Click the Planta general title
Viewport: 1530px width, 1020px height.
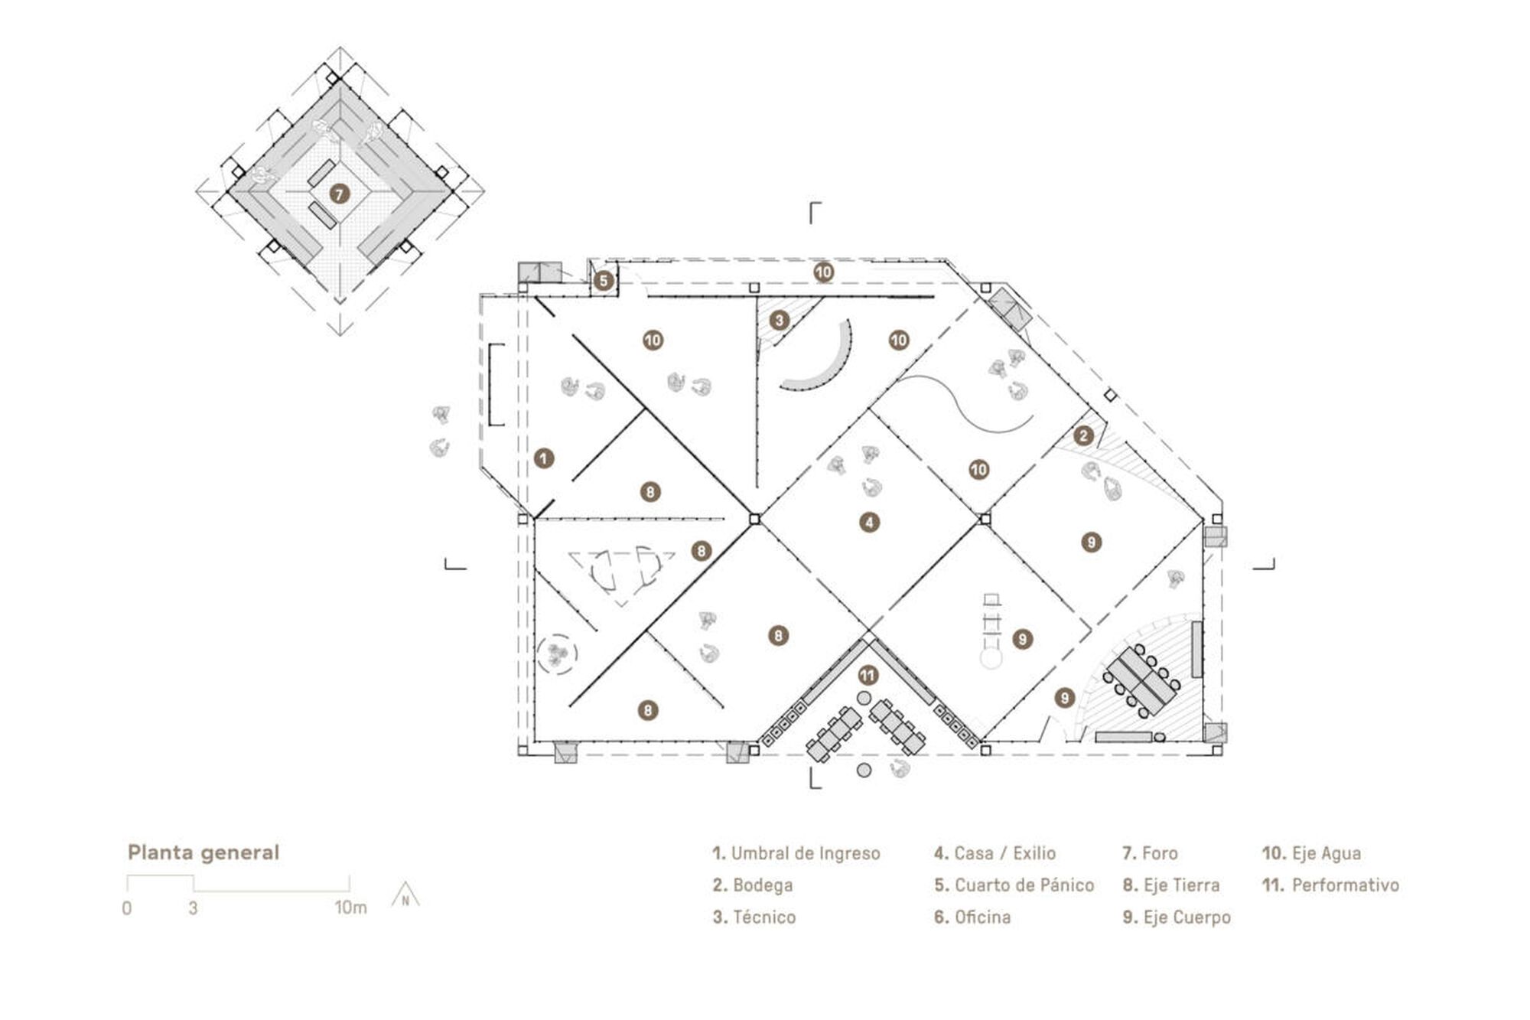(203, 852)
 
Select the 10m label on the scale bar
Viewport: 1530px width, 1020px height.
(350, 908)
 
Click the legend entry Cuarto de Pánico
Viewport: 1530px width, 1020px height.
(1014, 885)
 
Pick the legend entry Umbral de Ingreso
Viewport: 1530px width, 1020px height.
(796, 853)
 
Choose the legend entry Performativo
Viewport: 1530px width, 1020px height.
(1331, 885)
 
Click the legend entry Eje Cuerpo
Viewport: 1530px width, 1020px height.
(1177, 917)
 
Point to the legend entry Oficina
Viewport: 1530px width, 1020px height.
(972, 917)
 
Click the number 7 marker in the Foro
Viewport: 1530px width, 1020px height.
(340, 194)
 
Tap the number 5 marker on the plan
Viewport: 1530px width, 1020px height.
(604, 281)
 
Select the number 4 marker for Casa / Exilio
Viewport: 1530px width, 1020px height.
(869, 523)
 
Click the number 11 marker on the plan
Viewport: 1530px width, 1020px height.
(868, 676)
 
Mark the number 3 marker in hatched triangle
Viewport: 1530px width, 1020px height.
(780, 320)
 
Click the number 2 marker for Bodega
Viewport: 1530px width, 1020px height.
(1083, 436)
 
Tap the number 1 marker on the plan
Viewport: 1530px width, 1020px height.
(543, 458)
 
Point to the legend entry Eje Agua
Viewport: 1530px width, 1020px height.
(1312, 853)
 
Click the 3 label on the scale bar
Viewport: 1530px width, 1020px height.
(194, 909)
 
